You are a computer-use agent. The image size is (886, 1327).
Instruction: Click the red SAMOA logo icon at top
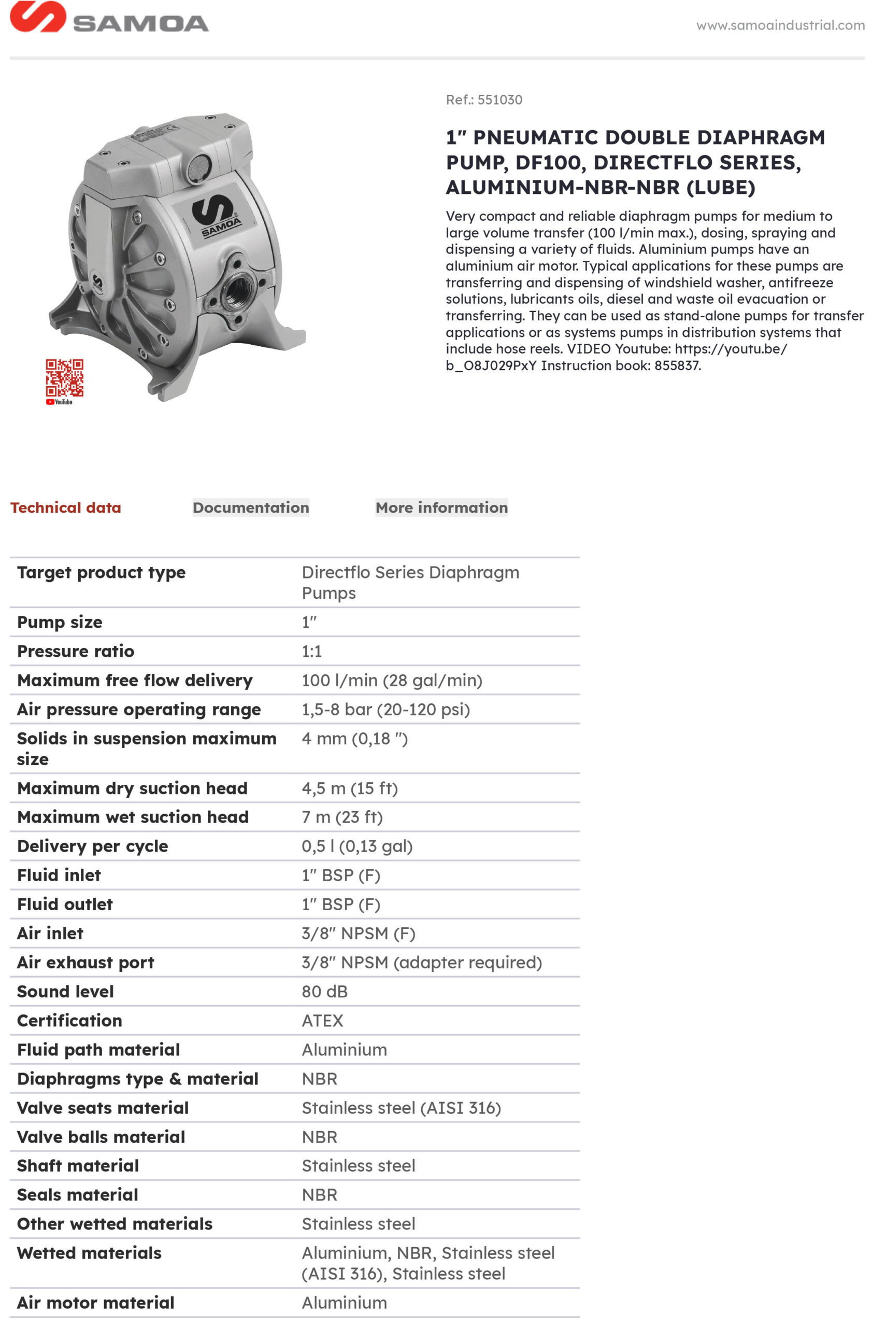pos(37,17)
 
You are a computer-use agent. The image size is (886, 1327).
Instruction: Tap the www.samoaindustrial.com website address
pos(780,25)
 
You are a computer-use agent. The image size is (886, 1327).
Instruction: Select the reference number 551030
pos(499,100)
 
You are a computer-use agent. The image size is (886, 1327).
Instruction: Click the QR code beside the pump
pos(64,377)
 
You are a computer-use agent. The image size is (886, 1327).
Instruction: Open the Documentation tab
pos(251,507)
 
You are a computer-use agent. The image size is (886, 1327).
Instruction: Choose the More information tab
pos(441,507)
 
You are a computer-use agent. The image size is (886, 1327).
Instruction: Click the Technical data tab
pos(66,507)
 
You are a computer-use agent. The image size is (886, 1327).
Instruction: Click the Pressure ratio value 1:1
pos(311,651)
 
